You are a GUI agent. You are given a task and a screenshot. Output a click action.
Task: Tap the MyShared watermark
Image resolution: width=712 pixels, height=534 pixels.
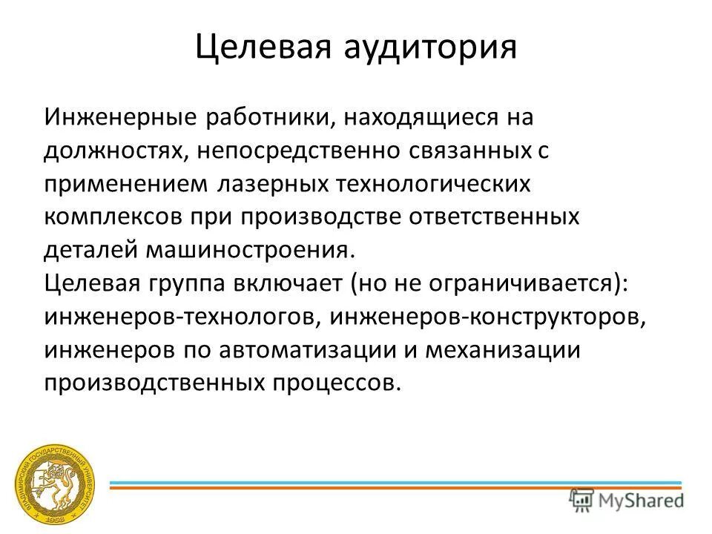pos(627,499)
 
